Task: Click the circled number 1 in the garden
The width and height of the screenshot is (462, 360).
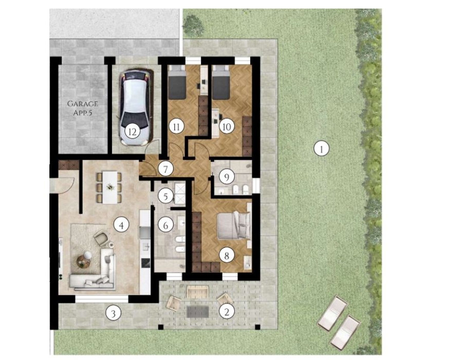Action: pyautogui.click(x=321, y=149)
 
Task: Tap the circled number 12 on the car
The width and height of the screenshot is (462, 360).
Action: pyautogui.click(x=132, y=132)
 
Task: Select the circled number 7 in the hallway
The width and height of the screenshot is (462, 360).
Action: pyautogui.click(x=165, y=169)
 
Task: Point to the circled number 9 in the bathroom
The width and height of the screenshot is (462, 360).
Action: pyautogui.click(x=226, y=177)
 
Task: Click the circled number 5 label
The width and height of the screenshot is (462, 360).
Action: pyautogui.click(x=165, y=196)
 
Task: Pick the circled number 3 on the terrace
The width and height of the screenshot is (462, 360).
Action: pyautogui.click(x=113, y=313)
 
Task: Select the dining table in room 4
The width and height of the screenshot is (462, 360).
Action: pyautogui.click(x=109, y=187)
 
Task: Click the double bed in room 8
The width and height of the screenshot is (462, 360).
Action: pyautogui.click(x=234, y=225)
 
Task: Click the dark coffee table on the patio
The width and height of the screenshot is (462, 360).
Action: pyautogui.click(x=198, y=312)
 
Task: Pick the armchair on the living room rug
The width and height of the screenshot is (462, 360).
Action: pyautogui.click(x=101, y=238)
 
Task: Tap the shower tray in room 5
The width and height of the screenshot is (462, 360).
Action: pyautogui.click(x=179, y=193)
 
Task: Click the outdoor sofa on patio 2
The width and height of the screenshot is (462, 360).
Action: pyautogui.click(x=198, y=292)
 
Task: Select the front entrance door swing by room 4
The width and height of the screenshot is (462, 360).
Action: pyautogui.click(x=65, y=185)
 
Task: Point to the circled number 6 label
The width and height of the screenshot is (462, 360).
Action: pyautogui.click(x=165, y=226)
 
